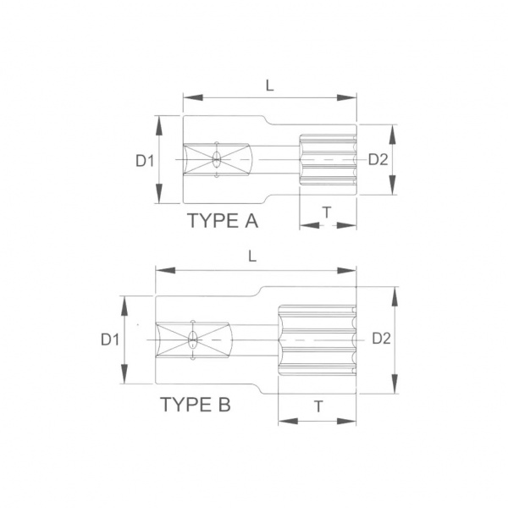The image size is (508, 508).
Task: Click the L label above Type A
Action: (x=269, y=86)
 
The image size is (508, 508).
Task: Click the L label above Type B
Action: (x=252, y=257)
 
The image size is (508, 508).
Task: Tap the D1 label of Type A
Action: (x=145, y=160)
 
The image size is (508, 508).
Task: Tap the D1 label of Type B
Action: (x=110, y=340)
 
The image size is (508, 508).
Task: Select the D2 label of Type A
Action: (x=378, y=159)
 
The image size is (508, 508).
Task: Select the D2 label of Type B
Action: (x=381, y=338)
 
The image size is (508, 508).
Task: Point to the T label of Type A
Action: (x=327, y=213)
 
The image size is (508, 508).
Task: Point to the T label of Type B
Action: (x=319, y=406)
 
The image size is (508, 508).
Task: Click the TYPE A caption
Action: (x=223, y=221)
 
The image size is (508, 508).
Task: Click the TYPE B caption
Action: (x=196, y=405)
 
